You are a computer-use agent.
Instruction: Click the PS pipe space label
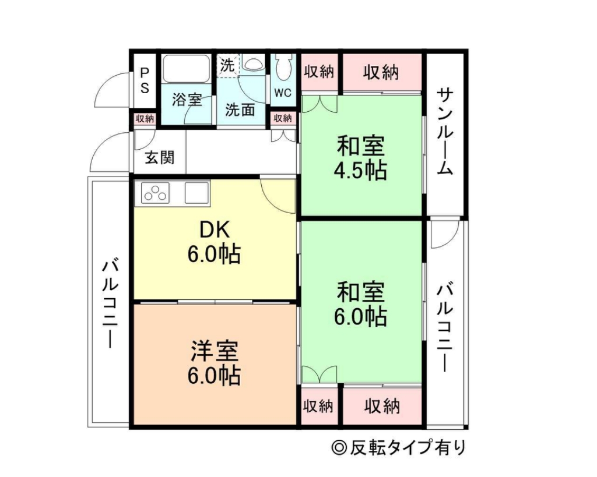tap(144, 81)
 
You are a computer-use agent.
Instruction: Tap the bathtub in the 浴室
tap(186, 69)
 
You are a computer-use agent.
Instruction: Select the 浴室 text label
tap(187, 100)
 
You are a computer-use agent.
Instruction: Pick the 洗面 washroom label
tap(240, 109)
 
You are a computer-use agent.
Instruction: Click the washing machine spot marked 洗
tap(227, 65)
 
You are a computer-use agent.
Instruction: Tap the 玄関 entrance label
tap(159, 157)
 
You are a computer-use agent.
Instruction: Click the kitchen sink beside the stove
tap(197, 193)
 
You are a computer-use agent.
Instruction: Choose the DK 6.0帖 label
tap(213, 242)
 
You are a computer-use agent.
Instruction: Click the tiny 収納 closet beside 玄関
tap(144, 118)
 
